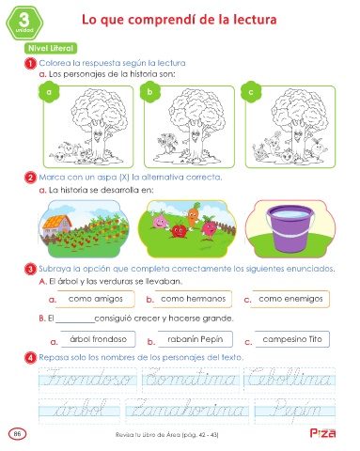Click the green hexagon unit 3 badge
(24, 23)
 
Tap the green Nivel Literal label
(51, 48)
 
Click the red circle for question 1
(30, 64)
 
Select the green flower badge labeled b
(149, 92)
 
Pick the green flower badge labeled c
(251, 92)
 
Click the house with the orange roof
(56, 225)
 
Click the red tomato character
(179, 230)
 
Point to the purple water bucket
(290, 228)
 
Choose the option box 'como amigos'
(96, 299)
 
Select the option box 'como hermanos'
(193, 299)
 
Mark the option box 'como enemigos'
(290, 299)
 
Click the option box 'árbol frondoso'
(98, 339)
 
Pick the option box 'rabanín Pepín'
(196, 339)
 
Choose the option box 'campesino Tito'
(292, 339)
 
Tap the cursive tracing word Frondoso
(88, 378)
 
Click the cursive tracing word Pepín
(296, 410)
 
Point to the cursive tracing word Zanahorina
(187, 409)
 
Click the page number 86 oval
(18, 434)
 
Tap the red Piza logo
(322, 433)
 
